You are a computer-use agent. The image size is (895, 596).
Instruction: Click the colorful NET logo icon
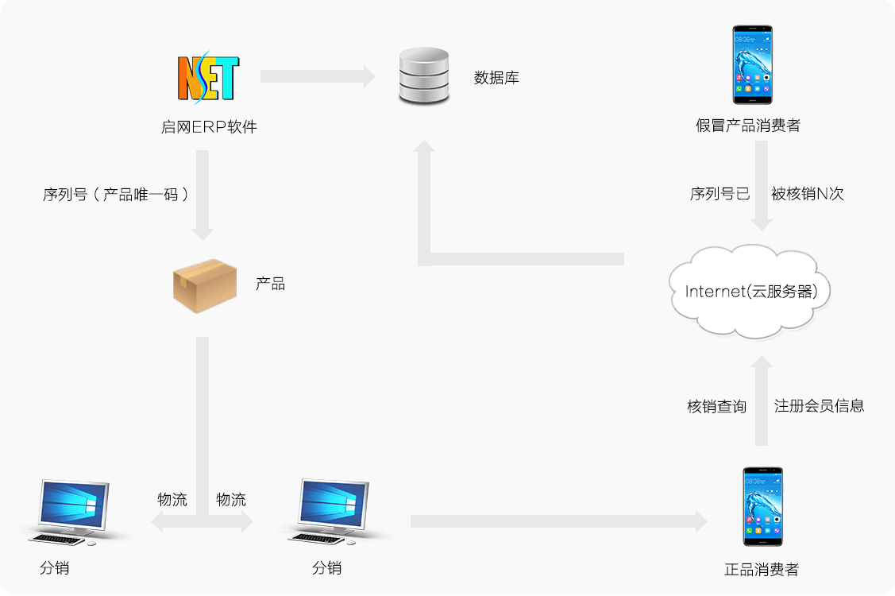click(x=207, y=78)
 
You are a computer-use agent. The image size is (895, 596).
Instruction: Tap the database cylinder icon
click(x=423, y=76)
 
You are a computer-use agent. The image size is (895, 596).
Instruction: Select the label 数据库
click(x=496, y=78)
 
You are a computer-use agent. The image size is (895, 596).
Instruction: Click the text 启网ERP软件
click(x=209, y=127)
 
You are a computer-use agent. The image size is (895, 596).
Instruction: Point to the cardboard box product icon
click(x=205, y=285)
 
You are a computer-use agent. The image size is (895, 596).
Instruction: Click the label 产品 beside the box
click(x=270, y=284)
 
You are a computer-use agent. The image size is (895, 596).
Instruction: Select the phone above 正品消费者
click(x=762, y=506)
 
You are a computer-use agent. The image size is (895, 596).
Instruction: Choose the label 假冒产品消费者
click(x=747, y=126)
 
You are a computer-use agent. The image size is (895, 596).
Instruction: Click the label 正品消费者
click(x=762, y=570)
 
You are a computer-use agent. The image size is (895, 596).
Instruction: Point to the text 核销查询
click(x=716, y=406)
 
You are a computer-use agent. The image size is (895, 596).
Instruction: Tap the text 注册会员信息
click(x=819, y=406)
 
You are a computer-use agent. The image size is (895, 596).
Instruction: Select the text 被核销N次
click(x=807, y=194)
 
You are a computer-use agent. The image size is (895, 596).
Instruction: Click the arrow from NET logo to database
click(x=317, y=76)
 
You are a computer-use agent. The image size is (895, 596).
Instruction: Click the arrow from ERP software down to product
click(x=203, y=195)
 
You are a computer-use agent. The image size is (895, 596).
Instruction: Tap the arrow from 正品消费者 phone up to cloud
click(x=762, y=401)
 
